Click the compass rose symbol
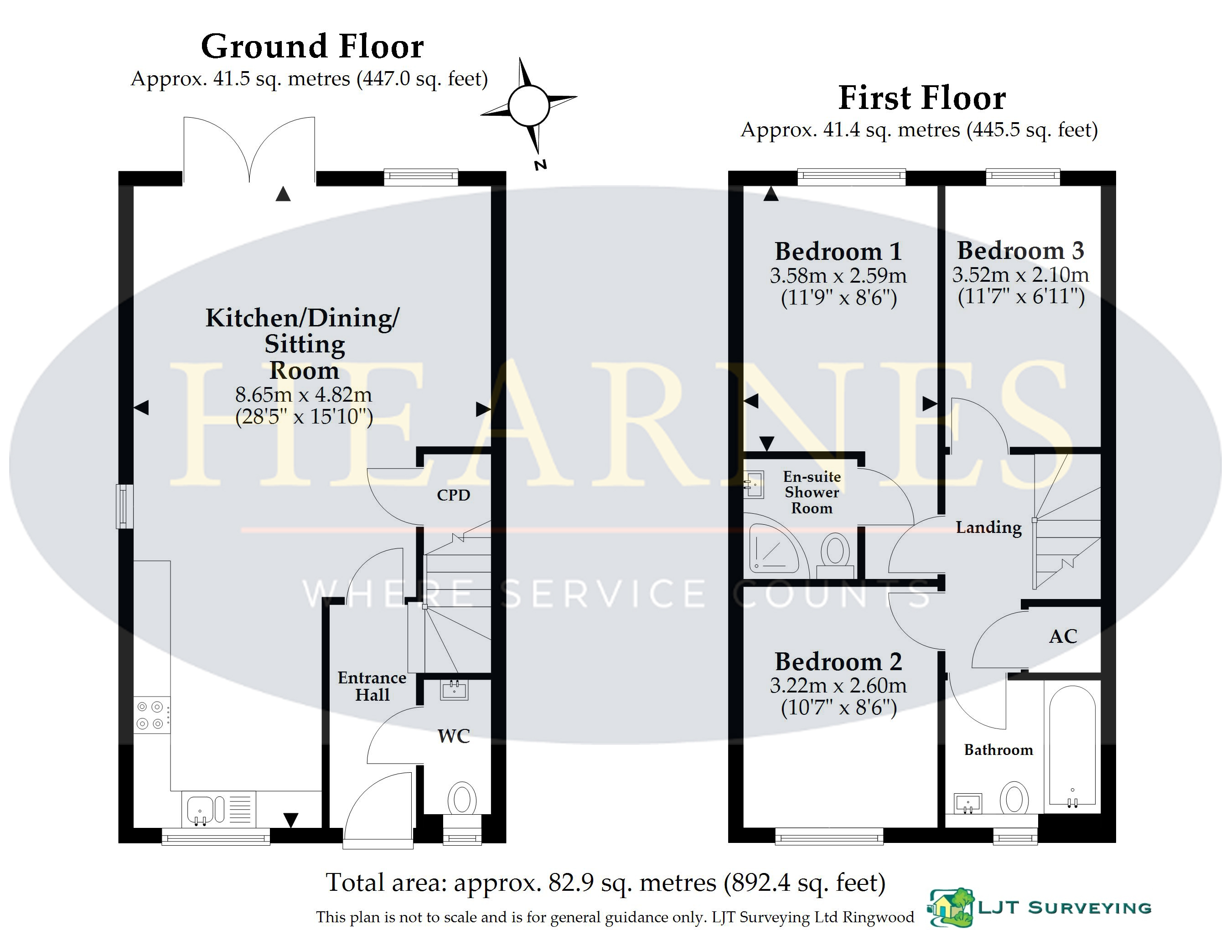[x=529, y=106]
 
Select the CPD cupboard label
[x=454, y=495]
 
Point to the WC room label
[x=454, y=736]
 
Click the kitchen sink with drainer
[x=219, y=809]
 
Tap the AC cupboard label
[x=1063, y=636]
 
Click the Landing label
[x=989, y=527]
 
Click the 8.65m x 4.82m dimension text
[x=303, y=395]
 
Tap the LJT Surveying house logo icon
[x=951, y=908]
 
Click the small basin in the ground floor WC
[x=454, y=690]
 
